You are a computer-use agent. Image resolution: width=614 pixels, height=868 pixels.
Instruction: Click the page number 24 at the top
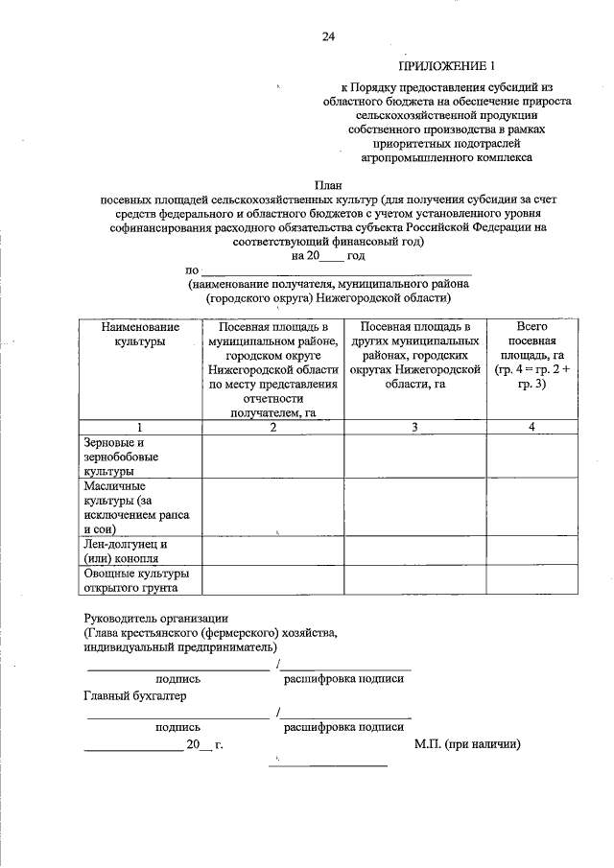click(328, 37)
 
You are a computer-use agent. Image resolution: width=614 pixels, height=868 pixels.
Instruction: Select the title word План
click(328, 183)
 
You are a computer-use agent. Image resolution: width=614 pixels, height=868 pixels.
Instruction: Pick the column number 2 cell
click(272, 427)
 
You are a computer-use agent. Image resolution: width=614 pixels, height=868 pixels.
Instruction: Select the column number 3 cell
click(414, 427)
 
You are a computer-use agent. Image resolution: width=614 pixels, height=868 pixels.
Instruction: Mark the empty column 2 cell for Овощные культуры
click(272, 580)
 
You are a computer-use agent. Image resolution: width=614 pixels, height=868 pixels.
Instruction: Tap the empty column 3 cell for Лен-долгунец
click(414, 551)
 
